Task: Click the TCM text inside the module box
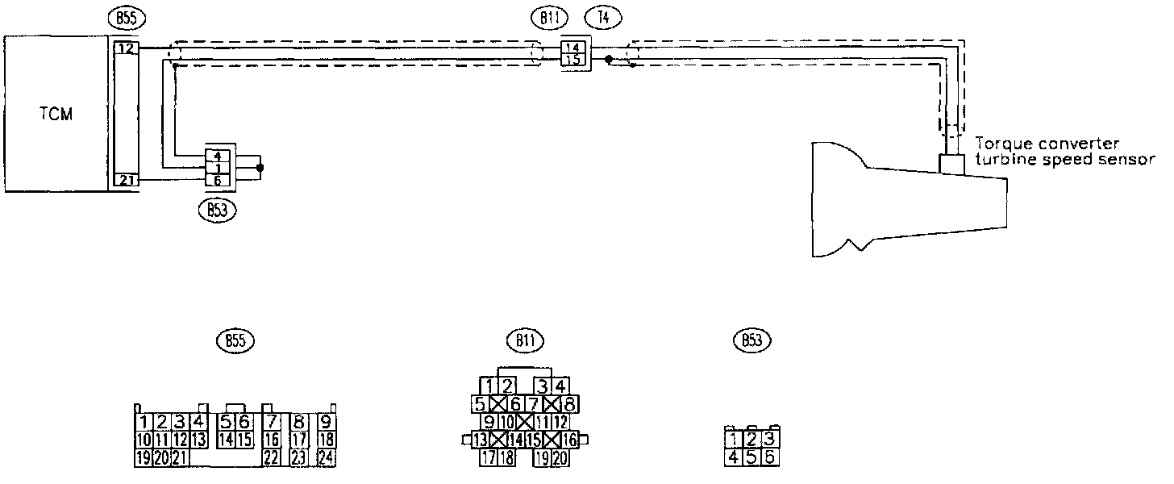click(56, 114)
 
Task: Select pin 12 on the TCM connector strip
click(126, 49)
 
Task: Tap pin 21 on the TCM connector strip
click(126, 180)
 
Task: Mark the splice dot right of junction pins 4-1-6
click(260, 168)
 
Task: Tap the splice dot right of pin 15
click(609, 60)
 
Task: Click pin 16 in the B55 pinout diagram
click(272, 440)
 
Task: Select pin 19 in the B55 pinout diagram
click(143, 458)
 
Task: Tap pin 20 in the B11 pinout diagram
click(561, 457)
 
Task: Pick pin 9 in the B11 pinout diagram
click(488, 421)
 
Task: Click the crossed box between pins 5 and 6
click(497, 403)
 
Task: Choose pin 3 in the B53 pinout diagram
click(769, 440)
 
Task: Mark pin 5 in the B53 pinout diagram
click(751, 457)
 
